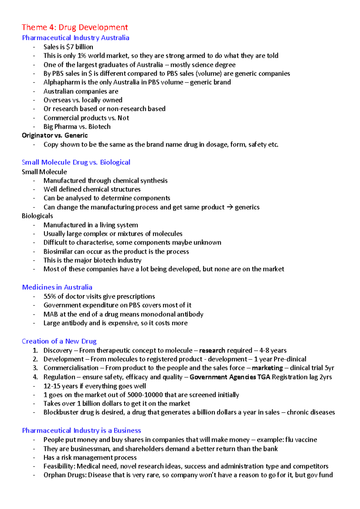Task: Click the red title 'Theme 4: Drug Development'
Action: click(x=75, y=27)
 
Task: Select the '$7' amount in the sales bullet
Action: click(x=70, y=47)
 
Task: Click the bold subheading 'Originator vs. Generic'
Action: click(x=55, y=135)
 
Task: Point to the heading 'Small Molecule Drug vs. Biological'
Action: click(x=76, y=162)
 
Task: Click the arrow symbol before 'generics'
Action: click(x=229, y=207)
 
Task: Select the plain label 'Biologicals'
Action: click(x=37, y=216)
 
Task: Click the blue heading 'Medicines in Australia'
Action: click(x=57, y=287)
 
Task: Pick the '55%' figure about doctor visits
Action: click(x=49, y=296)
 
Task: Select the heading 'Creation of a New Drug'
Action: click(x=59, y=341)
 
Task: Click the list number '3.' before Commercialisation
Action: click(x=35, y=368)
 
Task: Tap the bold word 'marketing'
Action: click(x=267, y=368)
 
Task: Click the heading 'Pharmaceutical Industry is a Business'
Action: click(x=81, y=430)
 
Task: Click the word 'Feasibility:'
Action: click(x=59, y=466)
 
